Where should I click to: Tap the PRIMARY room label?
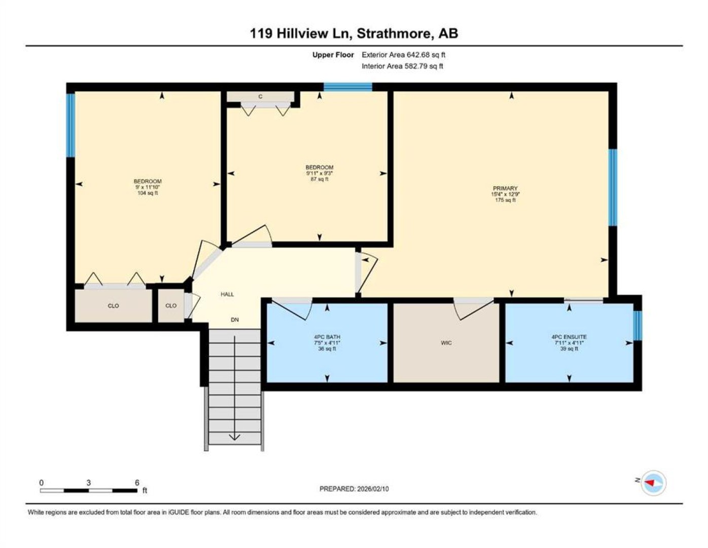[x=505, y=188]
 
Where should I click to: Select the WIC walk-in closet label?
[x=446, y=343]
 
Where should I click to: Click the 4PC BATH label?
[x=327, y=337]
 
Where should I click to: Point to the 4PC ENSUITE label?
[x=569, y=337]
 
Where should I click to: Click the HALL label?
[x=227, y=294]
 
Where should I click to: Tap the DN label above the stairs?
[x=235, y=320]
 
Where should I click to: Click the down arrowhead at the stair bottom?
[x=235, y=437]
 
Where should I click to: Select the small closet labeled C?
[x=260, y=96]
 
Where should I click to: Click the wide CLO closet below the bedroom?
[x=114, y=306]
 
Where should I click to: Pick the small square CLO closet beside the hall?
[x=171, y=306]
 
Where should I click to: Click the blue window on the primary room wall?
[x=613, y=187]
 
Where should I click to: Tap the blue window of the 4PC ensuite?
[x=638, y=326]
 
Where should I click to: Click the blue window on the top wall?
[x=347, y=87]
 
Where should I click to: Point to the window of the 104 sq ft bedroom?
[x=70, y=125]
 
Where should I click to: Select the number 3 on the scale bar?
[x=88, y=483]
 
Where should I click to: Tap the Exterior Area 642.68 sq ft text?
[x=403, y=55]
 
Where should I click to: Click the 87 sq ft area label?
[x=320, y=179]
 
